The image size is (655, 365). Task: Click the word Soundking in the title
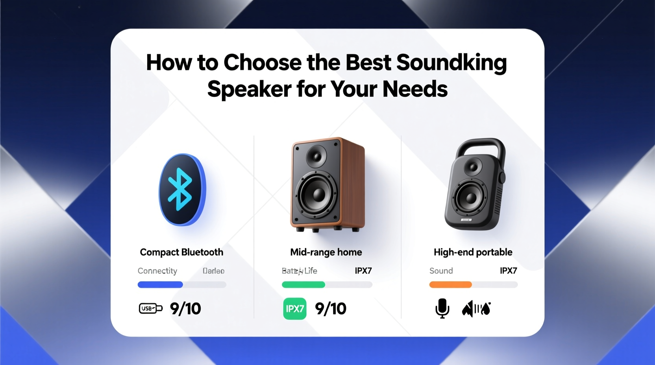coord(451,63)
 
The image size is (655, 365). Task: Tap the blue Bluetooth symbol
coord(180,189)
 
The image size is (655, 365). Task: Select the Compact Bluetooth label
coord(181,252)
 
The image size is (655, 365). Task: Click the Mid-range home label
coord(326,252)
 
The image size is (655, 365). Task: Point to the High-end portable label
coord(473,252)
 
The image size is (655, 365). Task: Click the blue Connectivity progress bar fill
coord(160,285)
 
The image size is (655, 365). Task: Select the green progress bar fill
coord(303,285)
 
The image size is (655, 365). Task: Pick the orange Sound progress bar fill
coord(450,285)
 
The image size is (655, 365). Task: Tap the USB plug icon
coord(150,308)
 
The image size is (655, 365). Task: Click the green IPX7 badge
coord(295,309)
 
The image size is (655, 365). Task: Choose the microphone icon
coord(442,308)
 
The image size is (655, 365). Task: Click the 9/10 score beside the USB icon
coord(185,309)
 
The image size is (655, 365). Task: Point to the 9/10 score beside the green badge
coord(331,309)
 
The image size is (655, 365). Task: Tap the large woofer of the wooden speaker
coord(317,194)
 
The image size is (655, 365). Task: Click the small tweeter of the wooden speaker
coord(316,156)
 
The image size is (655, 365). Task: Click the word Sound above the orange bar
coord(441,271)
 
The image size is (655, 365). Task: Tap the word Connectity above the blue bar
coord(157,271)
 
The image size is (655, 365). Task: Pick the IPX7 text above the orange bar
coord(508,271)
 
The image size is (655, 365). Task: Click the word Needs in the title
coord(415,89)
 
